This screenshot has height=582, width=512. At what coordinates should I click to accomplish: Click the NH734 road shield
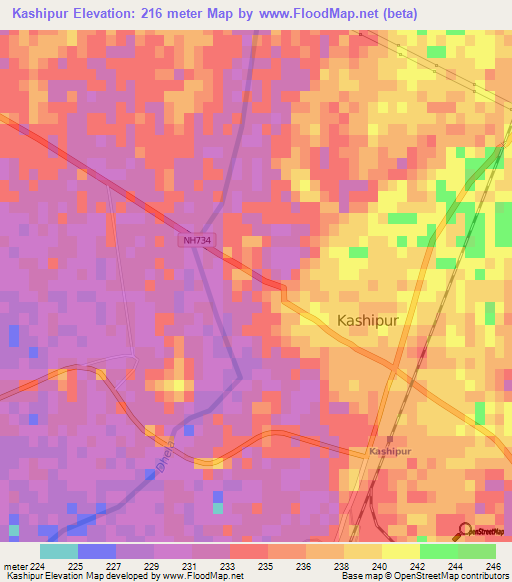pos(198,241)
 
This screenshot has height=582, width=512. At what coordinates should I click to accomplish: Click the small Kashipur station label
pos(389,452)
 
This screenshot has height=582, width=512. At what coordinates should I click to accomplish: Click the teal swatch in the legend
pos(59,551)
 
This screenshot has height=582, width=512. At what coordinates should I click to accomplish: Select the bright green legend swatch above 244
pos(438,551)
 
